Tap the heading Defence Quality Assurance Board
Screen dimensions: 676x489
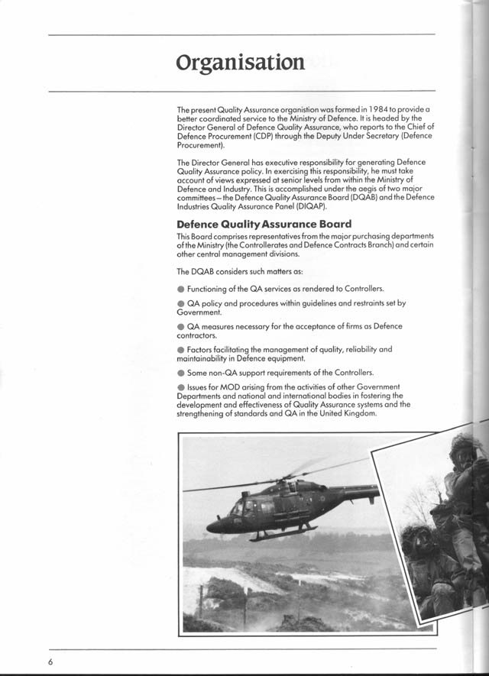[264, 224]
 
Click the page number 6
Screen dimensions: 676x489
[50, 661]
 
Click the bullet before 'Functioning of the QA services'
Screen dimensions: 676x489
[180, 289]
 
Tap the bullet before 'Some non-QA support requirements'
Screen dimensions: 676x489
[180, 373]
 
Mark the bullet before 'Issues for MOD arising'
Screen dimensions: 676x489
[180, 387]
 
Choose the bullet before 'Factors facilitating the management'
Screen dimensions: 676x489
[180, 349]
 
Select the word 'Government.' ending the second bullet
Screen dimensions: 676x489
[199, 312]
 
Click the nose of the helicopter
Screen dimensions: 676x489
[211, 527]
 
